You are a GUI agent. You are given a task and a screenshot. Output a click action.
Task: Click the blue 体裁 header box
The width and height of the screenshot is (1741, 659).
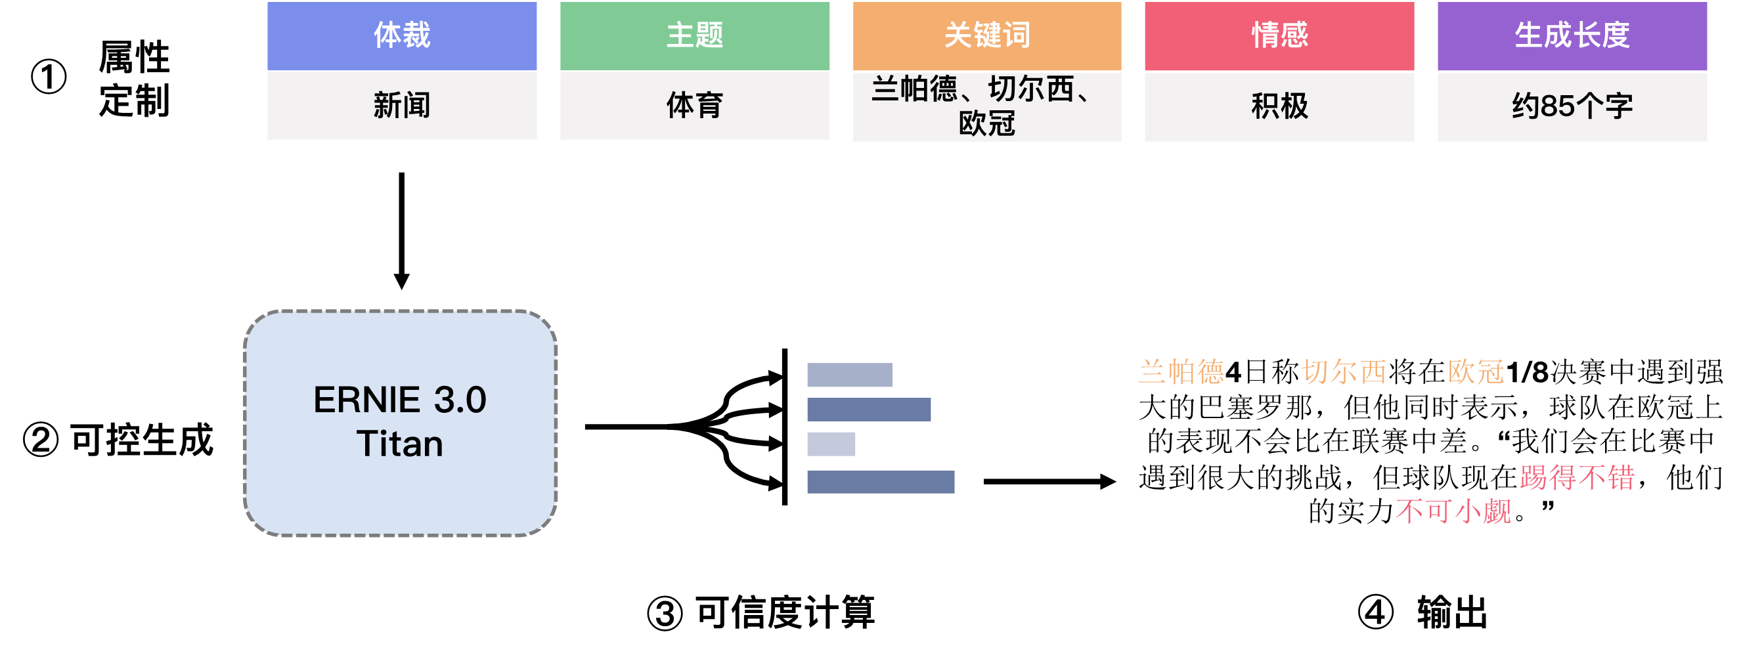click(402, 36)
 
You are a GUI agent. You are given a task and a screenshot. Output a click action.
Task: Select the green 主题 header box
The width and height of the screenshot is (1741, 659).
click(695, 36)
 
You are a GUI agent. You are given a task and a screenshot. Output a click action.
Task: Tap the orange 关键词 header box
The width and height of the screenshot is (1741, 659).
click(987, 36)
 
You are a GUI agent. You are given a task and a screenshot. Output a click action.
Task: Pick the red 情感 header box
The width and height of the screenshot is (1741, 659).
click(1279, 36)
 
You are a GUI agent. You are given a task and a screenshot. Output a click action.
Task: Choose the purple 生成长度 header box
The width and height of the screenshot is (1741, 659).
click(1572, 36)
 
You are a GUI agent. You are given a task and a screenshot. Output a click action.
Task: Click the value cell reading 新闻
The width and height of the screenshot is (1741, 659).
click(402, 105)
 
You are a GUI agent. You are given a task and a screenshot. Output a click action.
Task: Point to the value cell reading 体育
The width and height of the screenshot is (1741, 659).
click(695, 105)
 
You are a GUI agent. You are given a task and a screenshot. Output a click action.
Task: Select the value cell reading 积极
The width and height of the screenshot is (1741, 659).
click(1279, 106)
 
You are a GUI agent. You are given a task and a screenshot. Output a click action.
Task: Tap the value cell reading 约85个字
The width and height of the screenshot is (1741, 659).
click(1572, 106)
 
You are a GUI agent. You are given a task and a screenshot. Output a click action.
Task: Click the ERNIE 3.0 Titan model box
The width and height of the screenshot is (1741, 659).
click(400, 423)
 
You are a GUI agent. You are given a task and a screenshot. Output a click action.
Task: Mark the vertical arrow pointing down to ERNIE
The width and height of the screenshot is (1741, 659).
click(401, 231)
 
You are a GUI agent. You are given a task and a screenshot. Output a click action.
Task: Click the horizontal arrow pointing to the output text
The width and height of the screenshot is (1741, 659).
click(1049, 481)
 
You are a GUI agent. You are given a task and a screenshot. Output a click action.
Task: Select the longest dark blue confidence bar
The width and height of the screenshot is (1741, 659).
click(881, 482)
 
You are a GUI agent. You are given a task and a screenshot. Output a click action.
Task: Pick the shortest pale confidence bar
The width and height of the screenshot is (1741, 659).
click(831, 444)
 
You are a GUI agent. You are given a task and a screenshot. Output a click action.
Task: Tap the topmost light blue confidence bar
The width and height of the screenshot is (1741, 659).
click(850, 375)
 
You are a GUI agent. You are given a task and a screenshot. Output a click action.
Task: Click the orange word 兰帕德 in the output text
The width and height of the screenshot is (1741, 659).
click(1181, 372)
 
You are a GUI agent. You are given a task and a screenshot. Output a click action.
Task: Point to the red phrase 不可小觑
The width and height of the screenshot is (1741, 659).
click(1454, 511)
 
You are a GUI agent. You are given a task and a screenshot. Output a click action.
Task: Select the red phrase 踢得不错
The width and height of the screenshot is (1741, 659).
click(1577, 477)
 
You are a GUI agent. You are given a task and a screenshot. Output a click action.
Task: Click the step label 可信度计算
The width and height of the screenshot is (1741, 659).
click(785, 612)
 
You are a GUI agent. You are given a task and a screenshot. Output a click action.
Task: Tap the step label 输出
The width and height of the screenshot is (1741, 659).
click(1453, 612)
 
